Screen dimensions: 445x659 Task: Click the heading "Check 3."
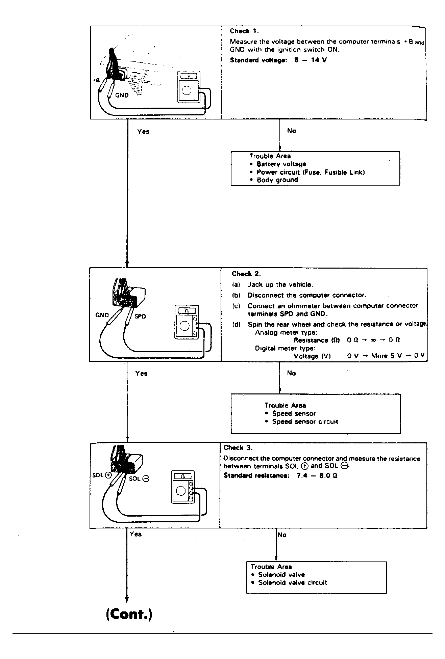click(238, 448)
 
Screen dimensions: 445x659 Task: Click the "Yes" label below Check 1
click(143, 132)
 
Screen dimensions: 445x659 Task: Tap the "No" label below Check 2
click(291, 373)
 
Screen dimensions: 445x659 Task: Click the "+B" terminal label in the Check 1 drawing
click(96, 80)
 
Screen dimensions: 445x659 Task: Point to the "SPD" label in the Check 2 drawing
click(140, 317)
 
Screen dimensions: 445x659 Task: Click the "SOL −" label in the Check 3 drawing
click(139, 478)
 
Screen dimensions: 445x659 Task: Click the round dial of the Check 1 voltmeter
click(187, 90)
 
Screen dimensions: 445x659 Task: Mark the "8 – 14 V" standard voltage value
click(310, 60)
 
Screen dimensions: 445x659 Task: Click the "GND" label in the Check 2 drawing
click(102, 315)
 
